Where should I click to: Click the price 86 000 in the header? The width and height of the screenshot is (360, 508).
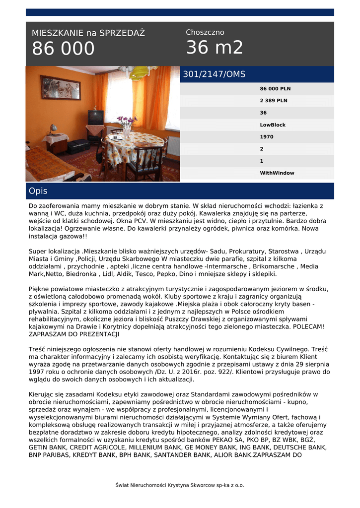click(x=63, y=49)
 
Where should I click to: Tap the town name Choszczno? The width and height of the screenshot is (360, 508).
click(x=205, y=32)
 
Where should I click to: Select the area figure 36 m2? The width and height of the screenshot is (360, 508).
click(x=215, y=48)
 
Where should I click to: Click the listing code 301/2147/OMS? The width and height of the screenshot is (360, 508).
click(x=214, y=74)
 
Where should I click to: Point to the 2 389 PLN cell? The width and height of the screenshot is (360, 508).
click(x=274, y=101)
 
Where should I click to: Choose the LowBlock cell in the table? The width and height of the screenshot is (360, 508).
click(x=273, y=125)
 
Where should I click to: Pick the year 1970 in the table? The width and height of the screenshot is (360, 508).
click(x=267, y=137)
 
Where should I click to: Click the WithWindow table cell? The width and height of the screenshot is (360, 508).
click(x=277, y=173)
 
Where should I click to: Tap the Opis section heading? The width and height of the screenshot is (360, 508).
click(x=38, y=191)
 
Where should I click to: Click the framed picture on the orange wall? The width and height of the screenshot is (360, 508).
click(x=60, y=87)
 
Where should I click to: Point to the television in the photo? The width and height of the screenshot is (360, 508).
click(x=95, y=118)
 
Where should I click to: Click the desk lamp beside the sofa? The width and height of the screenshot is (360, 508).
click(x=53, y=129)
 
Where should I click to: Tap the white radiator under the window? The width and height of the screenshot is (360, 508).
click(x=172, y=145)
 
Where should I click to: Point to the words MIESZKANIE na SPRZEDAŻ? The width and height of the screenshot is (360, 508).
click(x=88, y=33)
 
